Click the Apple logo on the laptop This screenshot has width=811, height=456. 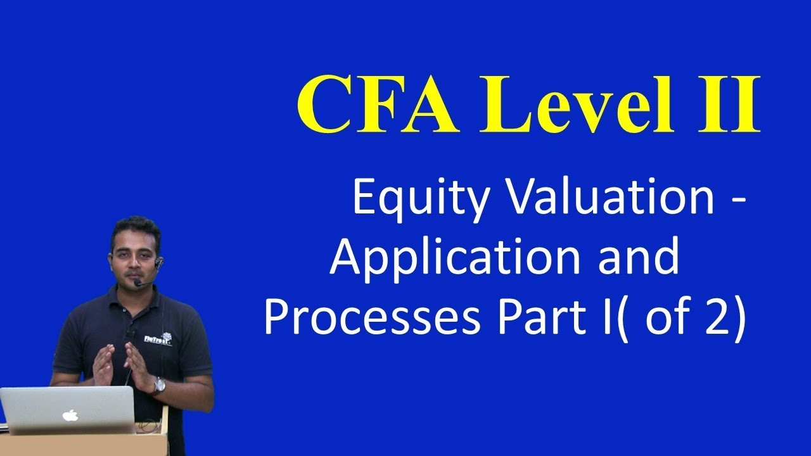[70, 415]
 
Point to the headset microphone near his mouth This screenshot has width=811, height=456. [137, 282]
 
